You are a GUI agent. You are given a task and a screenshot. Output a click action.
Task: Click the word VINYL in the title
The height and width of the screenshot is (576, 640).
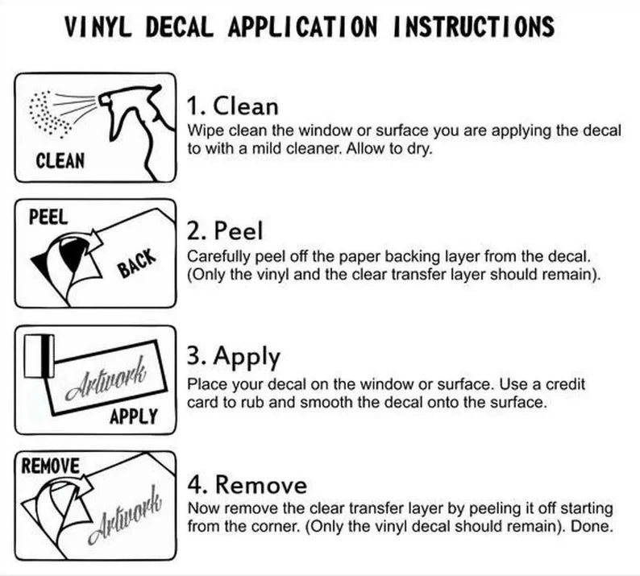tap(98, 27)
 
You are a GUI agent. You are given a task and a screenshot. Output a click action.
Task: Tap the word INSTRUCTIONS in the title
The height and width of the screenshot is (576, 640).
tap(473, 27)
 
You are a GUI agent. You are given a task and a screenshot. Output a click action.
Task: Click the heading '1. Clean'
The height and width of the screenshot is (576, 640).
tap(233, 106)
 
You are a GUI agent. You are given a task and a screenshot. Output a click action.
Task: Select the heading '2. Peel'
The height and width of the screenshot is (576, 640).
tap(225, 231)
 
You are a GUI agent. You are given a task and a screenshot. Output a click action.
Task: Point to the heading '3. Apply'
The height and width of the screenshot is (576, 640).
tap(234, 358)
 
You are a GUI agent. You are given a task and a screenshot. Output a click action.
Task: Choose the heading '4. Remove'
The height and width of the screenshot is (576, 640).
tap(247, 485)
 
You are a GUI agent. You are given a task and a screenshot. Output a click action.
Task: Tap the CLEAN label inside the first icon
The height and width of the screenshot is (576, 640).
tap(60, 161)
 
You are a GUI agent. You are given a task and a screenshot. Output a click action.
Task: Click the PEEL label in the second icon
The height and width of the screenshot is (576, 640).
tap(48, 217)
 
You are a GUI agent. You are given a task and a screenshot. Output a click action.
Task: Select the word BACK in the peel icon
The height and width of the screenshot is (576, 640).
tap(137, 263)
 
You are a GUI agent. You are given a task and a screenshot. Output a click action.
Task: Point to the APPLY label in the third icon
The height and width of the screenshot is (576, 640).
tap(134, 416)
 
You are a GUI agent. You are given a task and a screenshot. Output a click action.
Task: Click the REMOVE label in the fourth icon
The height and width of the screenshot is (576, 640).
tap(50, 466)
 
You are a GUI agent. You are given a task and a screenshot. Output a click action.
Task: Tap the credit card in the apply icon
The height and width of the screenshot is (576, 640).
tap(39, 356)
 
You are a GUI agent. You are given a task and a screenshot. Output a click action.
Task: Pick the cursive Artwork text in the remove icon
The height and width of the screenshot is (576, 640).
tap(124, 516)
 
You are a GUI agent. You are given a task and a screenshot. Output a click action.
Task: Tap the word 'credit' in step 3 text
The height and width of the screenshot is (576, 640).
tap(565, 383)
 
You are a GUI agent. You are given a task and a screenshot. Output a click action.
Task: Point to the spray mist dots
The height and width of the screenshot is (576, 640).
tap(49, 114)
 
